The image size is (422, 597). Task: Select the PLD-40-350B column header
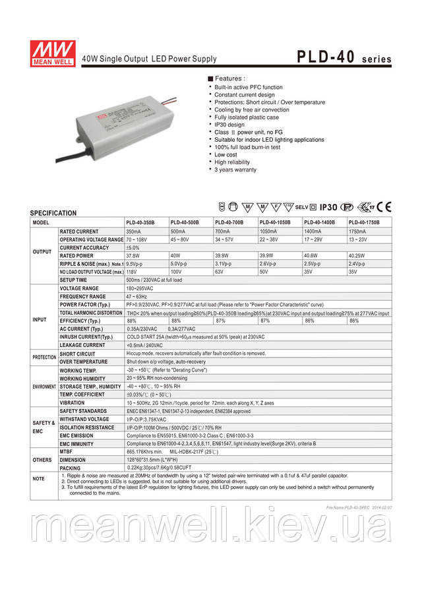[142, 223]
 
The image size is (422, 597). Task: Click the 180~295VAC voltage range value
[142, 288]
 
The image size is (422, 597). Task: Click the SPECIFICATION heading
[53, 214]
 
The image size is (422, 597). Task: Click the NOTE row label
[39, 478]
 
